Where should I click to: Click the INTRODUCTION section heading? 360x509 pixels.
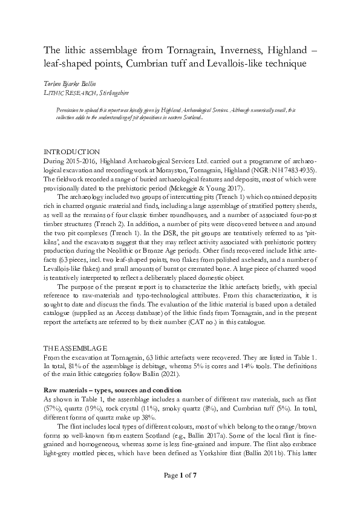pyautogui.click(x=71, y=151)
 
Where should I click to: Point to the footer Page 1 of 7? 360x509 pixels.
pyautogui.click(x=180, y=493)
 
